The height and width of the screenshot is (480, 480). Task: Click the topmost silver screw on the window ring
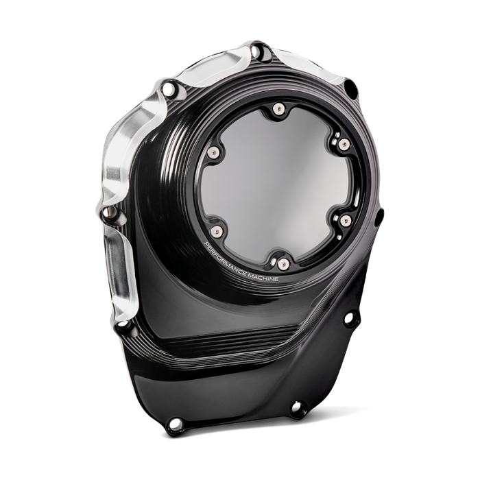[278, 109]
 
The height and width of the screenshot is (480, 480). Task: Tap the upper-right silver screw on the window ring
[344, 144]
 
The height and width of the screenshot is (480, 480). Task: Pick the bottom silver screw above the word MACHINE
[284, 263]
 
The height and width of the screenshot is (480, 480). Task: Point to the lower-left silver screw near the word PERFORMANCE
[217, 231]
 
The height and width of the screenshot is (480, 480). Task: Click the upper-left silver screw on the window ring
[213, 152]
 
